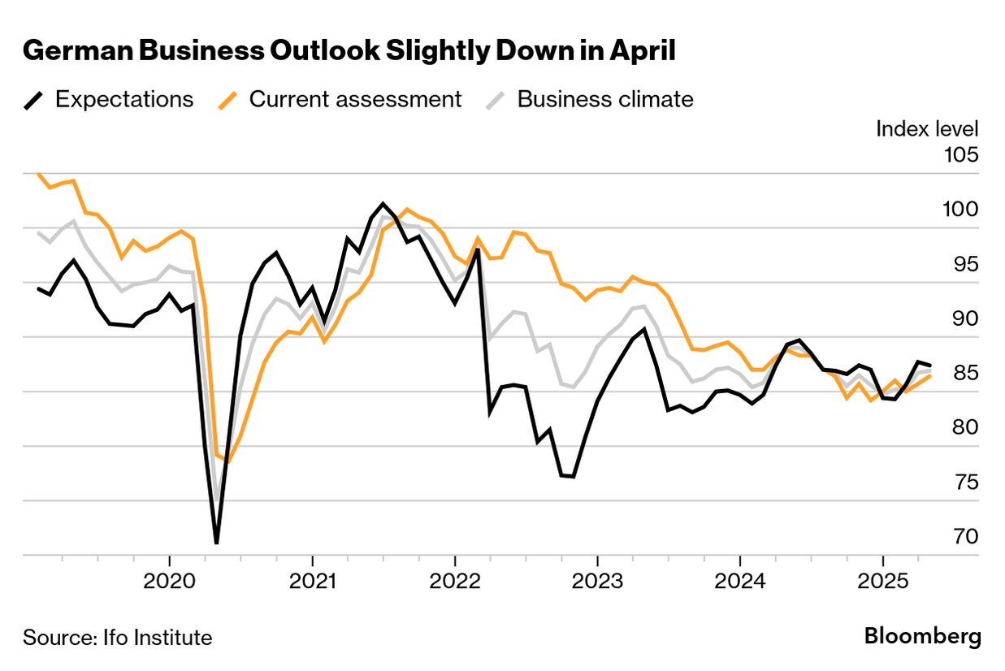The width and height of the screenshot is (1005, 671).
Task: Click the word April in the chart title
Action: pos(639,51)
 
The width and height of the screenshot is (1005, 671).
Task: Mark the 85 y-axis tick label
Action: pos(964,374)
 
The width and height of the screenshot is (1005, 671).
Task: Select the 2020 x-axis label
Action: pos(169,582)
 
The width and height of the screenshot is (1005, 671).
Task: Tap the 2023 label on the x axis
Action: pos(597,582)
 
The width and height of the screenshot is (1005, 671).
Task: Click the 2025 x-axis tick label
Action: pos(882,582)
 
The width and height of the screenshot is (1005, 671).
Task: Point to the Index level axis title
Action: pos(927,128)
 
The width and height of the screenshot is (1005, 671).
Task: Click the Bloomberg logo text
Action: pos(922,636)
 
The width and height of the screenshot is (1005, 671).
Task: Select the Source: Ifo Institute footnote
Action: pos(117,638)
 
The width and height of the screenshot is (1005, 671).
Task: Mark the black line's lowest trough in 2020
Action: pos(217,543)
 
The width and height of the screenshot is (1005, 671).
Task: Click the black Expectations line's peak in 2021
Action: pos(383,203)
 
